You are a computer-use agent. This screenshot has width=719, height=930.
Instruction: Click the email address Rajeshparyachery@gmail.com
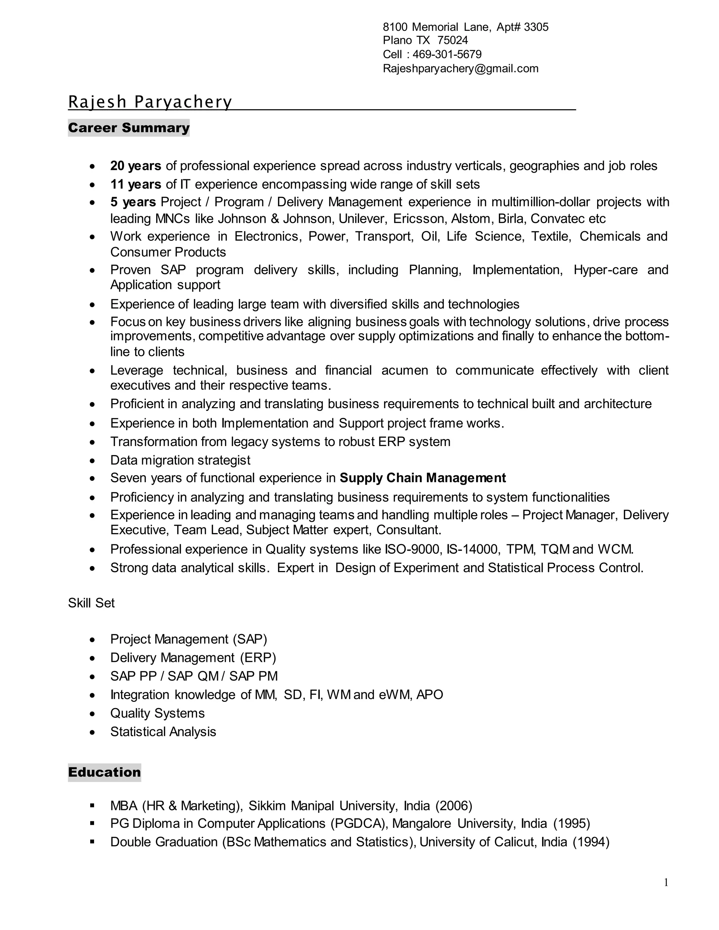[x=461, y=68]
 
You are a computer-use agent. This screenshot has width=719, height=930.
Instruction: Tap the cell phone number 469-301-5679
[x=447, y=54]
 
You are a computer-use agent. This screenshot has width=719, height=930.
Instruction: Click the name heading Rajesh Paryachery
[x=150, y=102]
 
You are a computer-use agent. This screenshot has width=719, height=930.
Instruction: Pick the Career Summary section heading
[x=128, y=128]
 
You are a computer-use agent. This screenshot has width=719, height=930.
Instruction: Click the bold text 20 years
[x=136, y=166]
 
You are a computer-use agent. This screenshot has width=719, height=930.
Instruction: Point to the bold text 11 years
[x=136, y=184]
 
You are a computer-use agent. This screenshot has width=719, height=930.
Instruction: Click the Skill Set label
[x=91, y=603]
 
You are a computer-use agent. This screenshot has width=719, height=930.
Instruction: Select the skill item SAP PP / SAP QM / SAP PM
[x=194, y=676]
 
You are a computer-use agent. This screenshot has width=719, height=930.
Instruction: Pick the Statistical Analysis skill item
[x=163, y=732]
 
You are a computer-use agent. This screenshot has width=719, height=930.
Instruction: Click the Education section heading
[x=104, y=772]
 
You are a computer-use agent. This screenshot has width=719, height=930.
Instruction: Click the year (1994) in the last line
[x=591, y=842]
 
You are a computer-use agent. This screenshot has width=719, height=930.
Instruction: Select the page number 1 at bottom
[x=666, y=883]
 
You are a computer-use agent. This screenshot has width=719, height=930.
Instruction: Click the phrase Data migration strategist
[x=180, y=460]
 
